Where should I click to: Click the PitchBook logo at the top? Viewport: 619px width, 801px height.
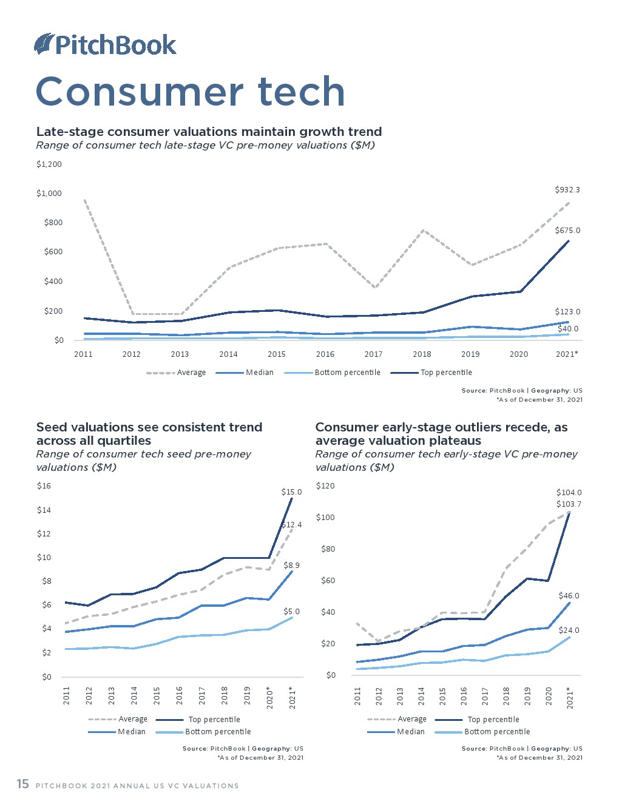[x=106, y=45]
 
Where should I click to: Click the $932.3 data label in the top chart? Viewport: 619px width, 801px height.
[x=567, y=190]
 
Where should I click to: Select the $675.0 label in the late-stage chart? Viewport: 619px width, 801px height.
[x=567, y=231]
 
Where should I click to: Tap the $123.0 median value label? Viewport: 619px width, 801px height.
[x=567, y=312]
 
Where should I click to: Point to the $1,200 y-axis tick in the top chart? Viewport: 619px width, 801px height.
[x=49, y=164]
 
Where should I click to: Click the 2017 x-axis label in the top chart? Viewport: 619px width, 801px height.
[x=373, y=354]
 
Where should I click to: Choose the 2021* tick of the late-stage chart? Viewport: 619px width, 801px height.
[x=567, y=354]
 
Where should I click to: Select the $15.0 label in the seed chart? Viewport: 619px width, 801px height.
[x=291, y=492]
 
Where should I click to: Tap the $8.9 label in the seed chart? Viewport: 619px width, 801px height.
[x=291, y=566]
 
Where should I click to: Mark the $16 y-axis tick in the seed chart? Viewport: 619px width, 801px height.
[x=44, y=486]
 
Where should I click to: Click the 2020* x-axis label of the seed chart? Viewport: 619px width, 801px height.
[x=270, y=698]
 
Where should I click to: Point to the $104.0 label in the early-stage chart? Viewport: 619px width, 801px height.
[x=569, y=493]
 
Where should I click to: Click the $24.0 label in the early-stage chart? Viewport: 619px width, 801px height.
[x=569, y=630]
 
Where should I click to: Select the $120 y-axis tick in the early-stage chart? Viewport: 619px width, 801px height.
[x=325, y=486]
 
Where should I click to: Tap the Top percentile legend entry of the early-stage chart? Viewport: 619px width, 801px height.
[x=493, y=720]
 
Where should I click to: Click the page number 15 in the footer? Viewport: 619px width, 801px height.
[x=22, y=784]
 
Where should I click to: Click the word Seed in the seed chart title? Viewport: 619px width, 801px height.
[x=51, y=427]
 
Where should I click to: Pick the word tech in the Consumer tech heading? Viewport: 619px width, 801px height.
[x=301, y=92]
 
